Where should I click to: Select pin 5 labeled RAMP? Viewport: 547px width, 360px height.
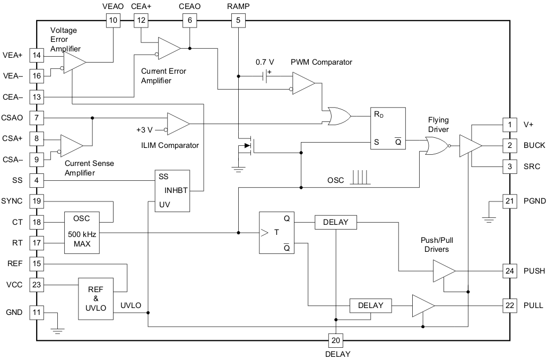pos(238,20)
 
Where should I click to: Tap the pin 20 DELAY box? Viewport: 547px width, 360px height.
pos(335,340)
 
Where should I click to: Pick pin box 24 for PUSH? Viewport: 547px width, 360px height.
pos(509,270)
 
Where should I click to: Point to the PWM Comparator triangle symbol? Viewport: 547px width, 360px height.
pos(302,83)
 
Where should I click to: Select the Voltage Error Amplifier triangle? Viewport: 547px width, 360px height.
pos(74,63)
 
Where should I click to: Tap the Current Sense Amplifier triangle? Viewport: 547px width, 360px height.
pos(71,145)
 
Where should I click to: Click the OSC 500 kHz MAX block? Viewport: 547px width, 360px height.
pos(82,232)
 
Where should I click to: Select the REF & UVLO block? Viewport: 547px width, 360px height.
pos(95,298)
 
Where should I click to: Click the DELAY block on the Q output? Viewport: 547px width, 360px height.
pos(335,222)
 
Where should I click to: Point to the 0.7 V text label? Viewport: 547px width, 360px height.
pos(265,62)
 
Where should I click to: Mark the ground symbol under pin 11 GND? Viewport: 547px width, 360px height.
pos(58,330)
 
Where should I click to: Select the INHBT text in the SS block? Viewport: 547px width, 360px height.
pos(175,190)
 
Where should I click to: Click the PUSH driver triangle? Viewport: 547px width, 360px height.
pos(444,270)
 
